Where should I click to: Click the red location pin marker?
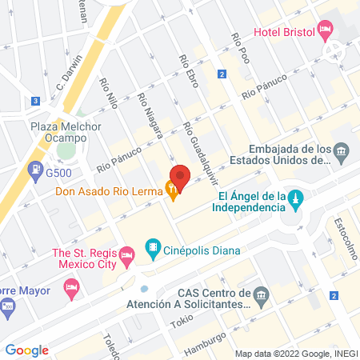(180, 178)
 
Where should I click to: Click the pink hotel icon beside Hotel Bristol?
(325, 31)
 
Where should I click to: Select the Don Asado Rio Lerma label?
(108, 191)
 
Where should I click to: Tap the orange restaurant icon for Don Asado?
(172, 190)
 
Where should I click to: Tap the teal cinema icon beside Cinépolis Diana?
(152, 247)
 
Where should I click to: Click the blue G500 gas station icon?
(36, 170)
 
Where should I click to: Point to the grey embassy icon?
(342, 151)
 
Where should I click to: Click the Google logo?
(27, 350)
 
